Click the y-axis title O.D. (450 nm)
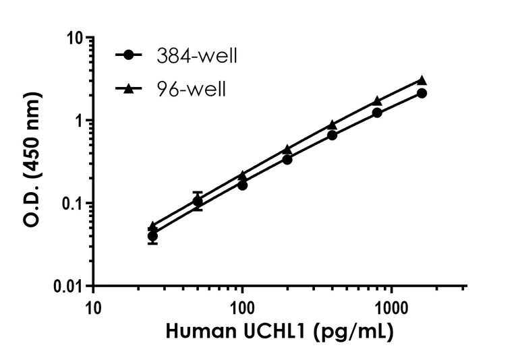[x=33, y=162]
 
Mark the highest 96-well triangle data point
[x=422, y=80]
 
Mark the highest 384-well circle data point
[x=422, y=93]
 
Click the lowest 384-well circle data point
[x=152, y=236]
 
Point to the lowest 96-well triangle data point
[x=152, y=227]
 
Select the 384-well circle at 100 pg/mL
[x=242, y=185]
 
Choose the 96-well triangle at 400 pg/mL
[x=332, y=125]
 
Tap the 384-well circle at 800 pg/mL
[x=377, y=113]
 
